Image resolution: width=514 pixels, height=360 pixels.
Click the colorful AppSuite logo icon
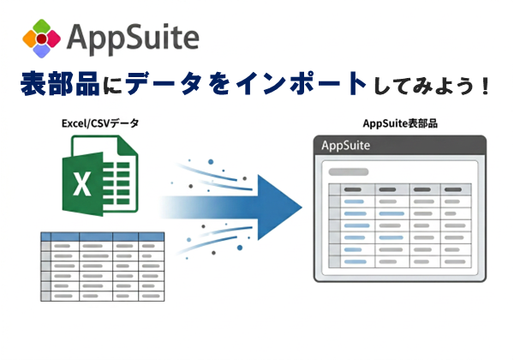pyautogui.click(x=41, y=38)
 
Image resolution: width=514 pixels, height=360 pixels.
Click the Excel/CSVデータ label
pyautogui.click(x=100, y=124)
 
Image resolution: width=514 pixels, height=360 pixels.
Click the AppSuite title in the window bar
pyautogui.click(x=346, y=146)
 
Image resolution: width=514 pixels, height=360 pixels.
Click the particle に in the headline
pyautogui.click(x=116, y=87)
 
